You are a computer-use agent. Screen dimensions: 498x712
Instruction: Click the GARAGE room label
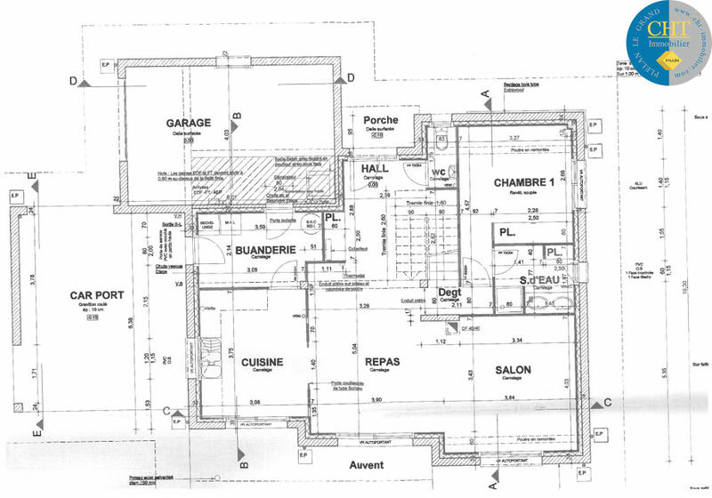tap(188, 123)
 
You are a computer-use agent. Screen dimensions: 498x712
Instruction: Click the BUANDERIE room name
tap(264, 252)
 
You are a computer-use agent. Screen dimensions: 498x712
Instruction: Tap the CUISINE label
tap(262, 362)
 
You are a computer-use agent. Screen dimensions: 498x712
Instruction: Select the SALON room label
tap(514, 370)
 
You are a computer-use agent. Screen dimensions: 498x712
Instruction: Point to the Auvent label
tap(367, 465)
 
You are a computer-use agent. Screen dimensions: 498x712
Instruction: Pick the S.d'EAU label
tap(539, 282)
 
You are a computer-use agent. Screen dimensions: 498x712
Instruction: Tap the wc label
tap(439, 173)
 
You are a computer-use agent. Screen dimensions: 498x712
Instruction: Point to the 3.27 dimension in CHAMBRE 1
tap(514, 139)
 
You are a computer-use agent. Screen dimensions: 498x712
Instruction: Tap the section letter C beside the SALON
tap(608, 403)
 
